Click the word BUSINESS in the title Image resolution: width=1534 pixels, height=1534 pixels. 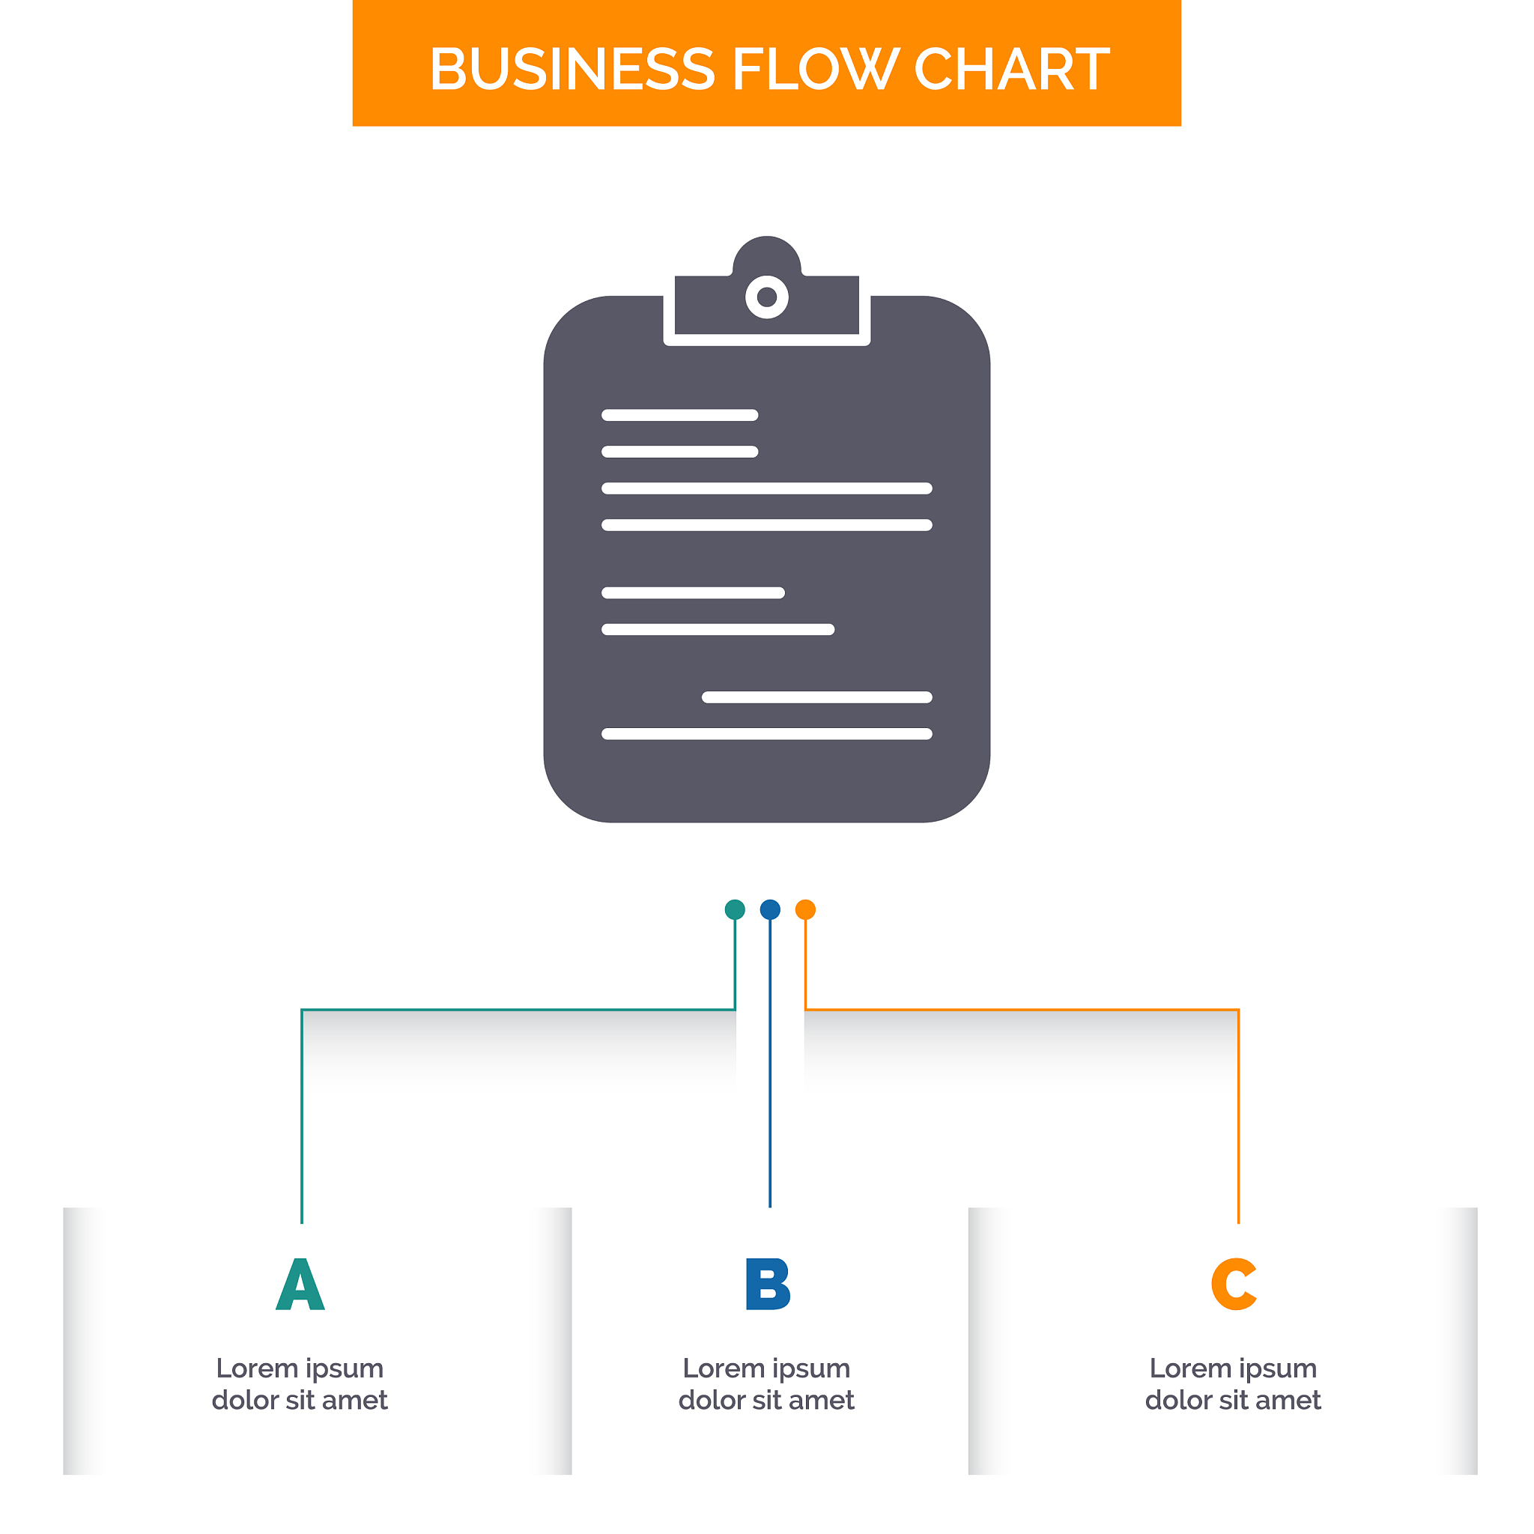tap(572, 68)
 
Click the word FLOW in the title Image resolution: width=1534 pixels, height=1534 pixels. tap(815, 68)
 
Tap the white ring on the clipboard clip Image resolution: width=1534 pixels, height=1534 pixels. tap(767, 297)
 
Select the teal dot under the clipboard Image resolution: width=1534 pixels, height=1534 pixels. tap(736, 909)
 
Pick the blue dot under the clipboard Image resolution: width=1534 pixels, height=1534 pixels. tap(770, 909)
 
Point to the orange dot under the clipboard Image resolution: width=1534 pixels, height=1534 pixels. tap(805, 909)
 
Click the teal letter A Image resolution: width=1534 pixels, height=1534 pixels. tap(300, 1284)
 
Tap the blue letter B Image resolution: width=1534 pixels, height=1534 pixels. tap(768, 1284)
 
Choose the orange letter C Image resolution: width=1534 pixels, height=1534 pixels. tap(1234, 1284)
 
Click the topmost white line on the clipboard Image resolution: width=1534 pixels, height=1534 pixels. tap(679, 415)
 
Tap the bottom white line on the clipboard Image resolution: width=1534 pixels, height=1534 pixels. tap(767, 733)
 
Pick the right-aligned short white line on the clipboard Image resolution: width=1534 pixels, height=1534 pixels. tap(817, 697)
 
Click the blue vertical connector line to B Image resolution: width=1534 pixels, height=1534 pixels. tap(770, 1063)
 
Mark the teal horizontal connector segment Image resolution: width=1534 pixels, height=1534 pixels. tap(518, 1009)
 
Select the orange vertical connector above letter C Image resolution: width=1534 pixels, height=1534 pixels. tap(1239, 1115)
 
